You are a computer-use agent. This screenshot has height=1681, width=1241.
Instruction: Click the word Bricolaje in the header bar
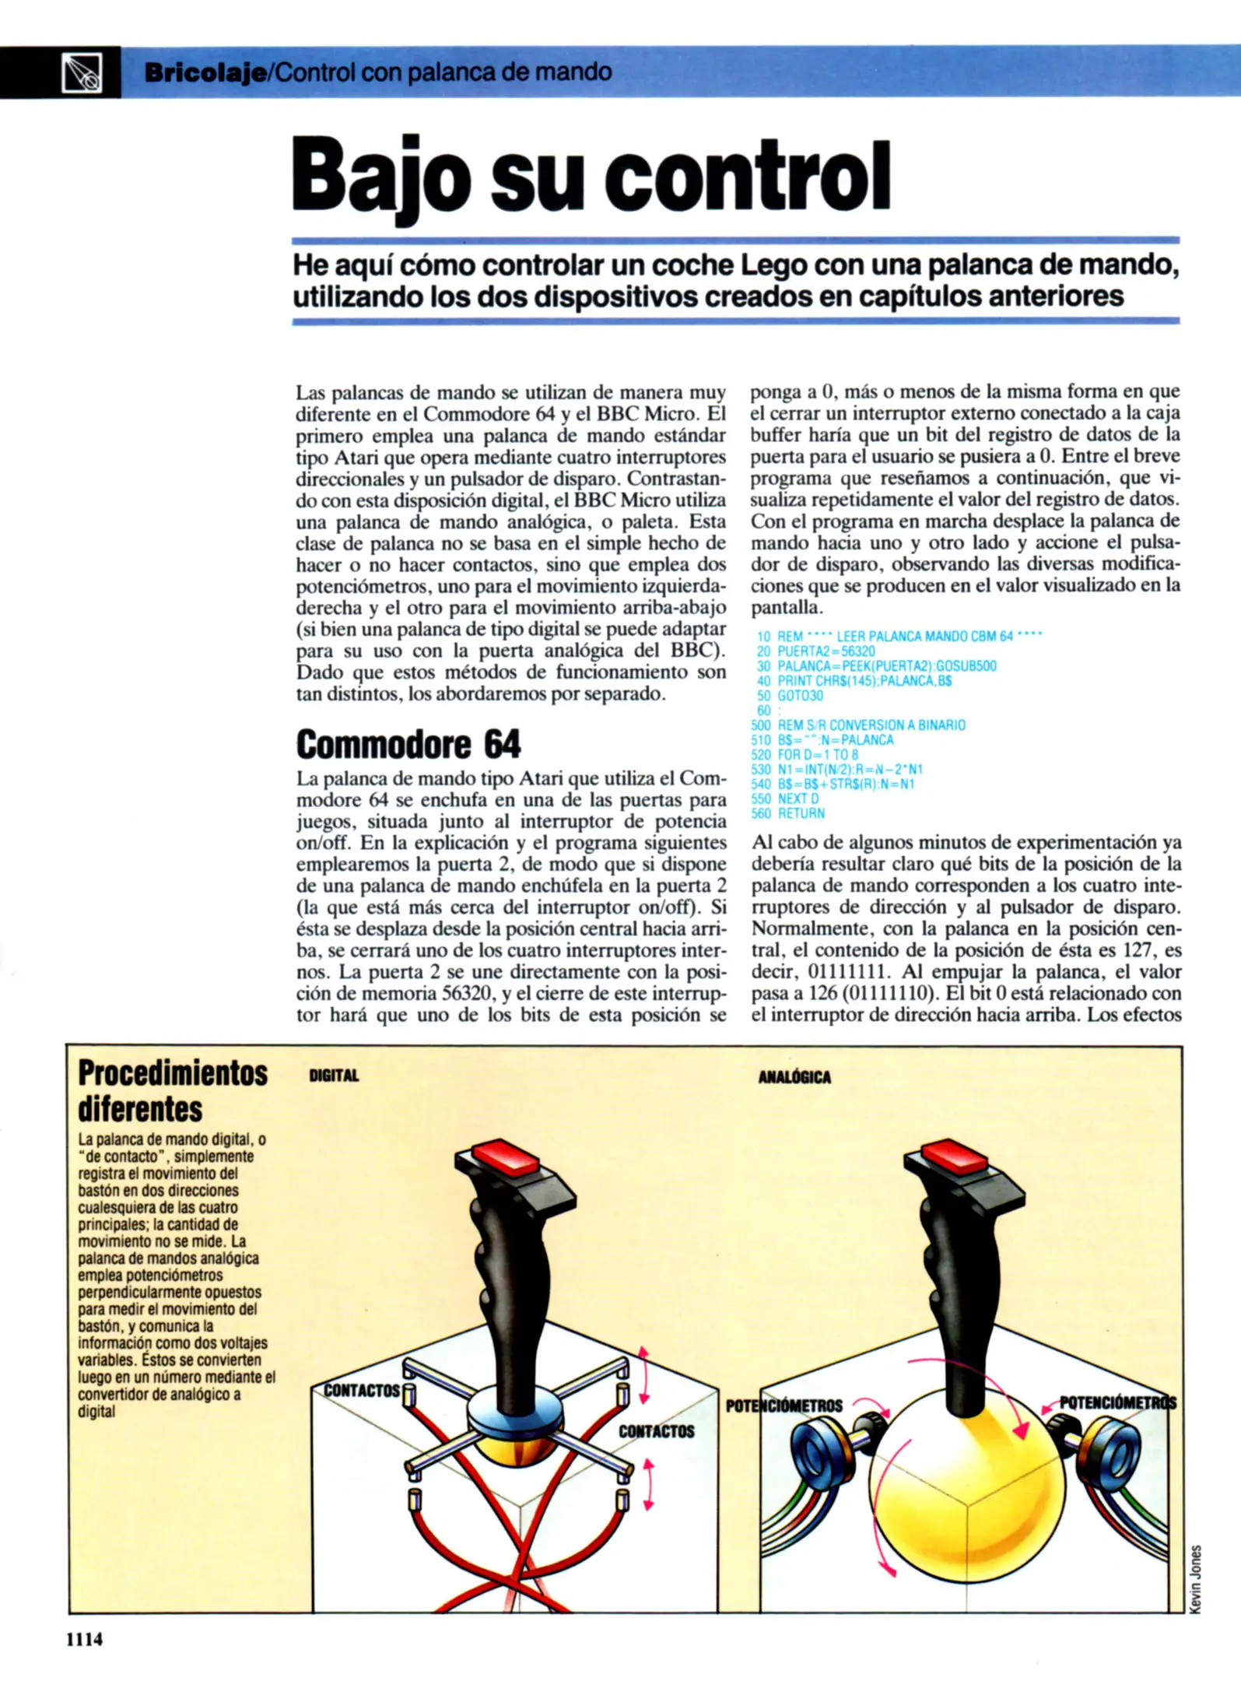click(x=205, y=73)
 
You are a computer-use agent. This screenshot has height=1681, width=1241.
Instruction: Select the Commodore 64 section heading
click(x=408, y=744)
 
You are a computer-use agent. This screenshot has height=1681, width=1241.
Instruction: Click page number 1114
click(x=84, y=1639)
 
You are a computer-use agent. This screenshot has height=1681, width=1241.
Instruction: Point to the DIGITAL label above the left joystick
click(x=334, y=1076)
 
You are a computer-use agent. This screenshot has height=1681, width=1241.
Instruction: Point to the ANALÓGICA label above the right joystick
click(x=794, y=1077)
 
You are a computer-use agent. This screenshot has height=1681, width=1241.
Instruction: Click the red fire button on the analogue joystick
click(x=955, y=1157)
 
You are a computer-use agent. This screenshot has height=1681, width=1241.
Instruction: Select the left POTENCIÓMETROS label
click(x=784, y=1406)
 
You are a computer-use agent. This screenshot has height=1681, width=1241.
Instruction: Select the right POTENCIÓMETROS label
click(x=1117, y=1402)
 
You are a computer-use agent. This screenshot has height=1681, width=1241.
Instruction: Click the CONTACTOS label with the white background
click(x=362, y=1390)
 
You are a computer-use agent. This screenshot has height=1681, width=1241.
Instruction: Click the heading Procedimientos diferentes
click(x=172, y=1090)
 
